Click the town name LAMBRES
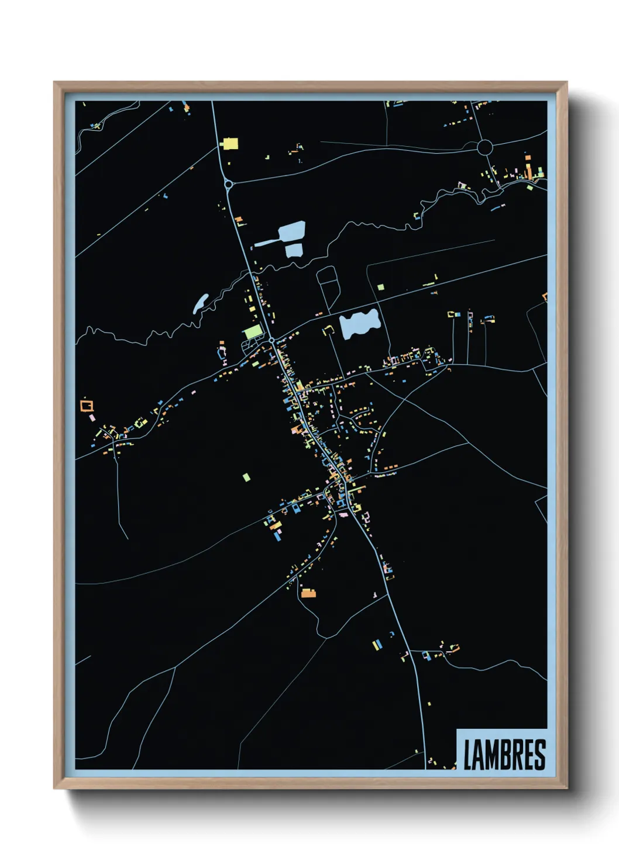coord(504,755)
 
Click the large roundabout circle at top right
coord(485,147)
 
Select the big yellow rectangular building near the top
coord(230,143)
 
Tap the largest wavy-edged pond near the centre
coord(360,323)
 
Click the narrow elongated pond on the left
coord(200,303)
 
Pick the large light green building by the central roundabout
coord(253,331)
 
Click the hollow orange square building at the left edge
coord(87,404)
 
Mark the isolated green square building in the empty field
coord(246,477)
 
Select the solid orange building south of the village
coord(308,593)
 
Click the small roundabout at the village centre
coord(272,340)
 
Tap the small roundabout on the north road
coord(228,185)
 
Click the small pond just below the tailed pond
coord(294,251)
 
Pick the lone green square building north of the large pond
coord(381,287)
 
